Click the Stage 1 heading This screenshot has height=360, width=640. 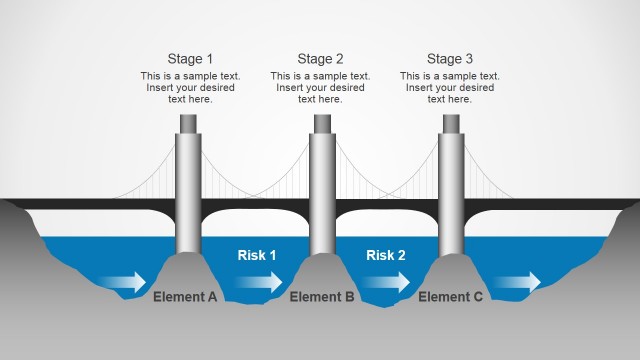click(190, 59)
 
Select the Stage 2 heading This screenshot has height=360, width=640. click(320, 59)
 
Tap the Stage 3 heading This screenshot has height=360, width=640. click(450, 59)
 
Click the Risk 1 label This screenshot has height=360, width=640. click(257, 255)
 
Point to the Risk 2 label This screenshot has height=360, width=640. click(386, 255)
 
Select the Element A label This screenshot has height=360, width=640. click(185, 297)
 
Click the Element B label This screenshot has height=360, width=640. click(322, 297)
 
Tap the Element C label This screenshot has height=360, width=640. click(451, 297)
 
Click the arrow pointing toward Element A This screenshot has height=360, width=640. click(125, 283)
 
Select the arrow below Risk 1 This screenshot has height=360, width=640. click(259, 282)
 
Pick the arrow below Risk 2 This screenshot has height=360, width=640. click(386, 282)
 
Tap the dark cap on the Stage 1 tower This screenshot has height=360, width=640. click(190, 123)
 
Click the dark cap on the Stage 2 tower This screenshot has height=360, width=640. click(321, 123)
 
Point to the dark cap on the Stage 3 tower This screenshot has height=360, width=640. click(451, 123)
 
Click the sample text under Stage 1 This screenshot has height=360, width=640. click(190, 87)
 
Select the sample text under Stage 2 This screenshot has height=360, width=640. click(320, 87)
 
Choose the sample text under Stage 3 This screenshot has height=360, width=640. click(450, 87)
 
